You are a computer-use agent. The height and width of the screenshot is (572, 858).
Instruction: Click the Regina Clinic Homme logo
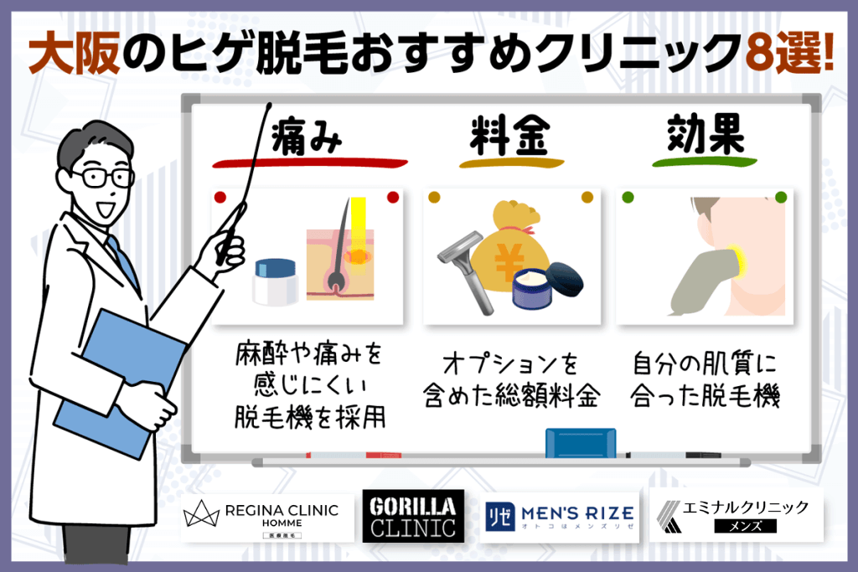click(x=261, y=517)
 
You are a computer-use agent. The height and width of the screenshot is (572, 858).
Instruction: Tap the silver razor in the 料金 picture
click(x=457, y=268)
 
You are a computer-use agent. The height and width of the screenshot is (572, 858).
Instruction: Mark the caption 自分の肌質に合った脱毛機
click(x=706, y=381)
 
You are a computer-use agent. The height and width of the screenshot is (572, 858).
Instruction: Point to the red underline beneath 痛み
click(x=309, y=162)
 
